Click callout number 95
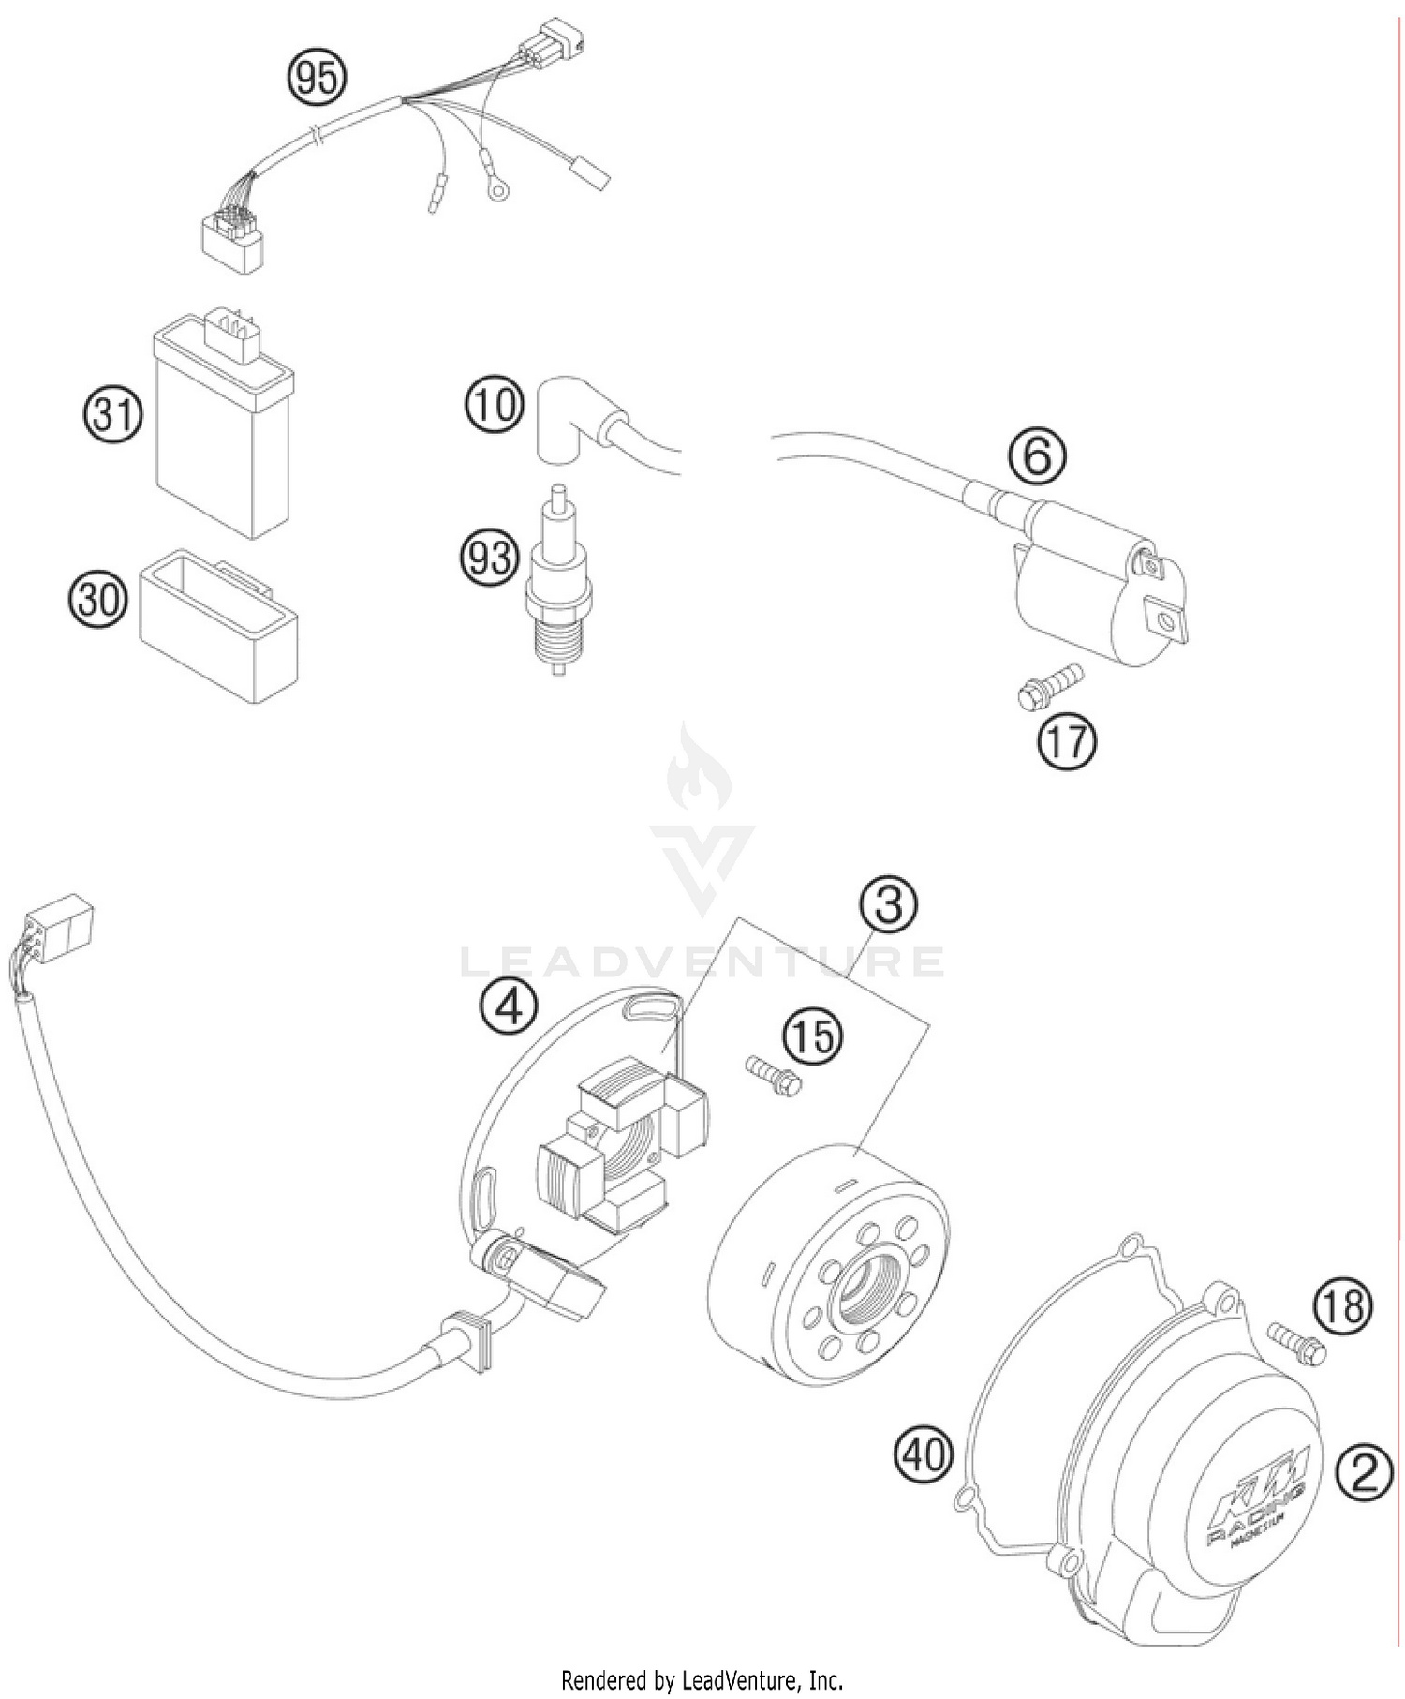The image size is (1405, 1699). [x=317, y=79]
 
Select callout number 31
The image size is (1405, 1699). [x=111, y=414]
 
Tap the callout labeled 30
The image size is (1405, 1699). [x=97, y=598]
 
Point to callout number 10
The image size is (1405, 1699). [x=493, y=406]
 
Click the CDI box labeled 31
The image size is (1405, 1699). [x=223, y=431]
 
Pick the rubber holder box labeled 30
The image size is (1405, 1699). [x=219, y=626]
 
